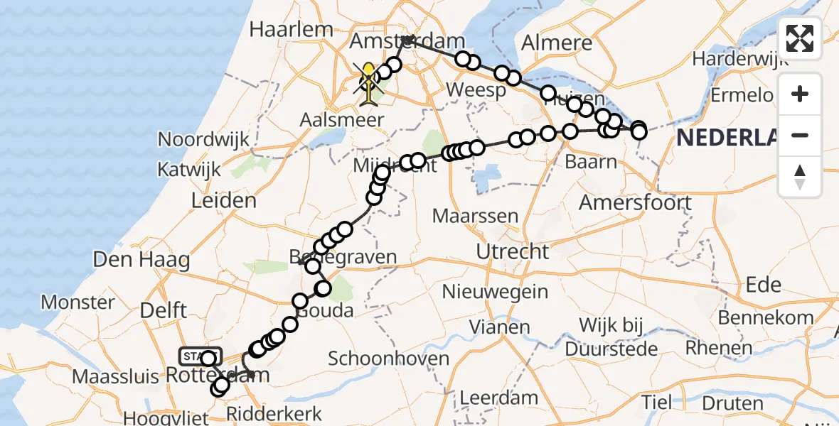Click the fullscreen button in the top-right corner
point(800,38)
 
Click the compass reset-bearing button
point(800,177)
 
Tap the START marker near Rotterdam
point(201,355)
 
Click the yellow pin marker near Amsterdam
point(369,74)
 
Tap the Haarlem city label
point(292,30)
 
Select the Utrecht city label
point(513,251)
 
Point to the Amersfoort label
point(635,202)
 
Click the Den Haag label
point(141,260)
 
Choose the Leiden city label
point(224,200)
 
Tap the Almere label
point(557,43)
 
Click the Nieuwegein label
point(495,291)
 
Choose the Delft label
point(163,310)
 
